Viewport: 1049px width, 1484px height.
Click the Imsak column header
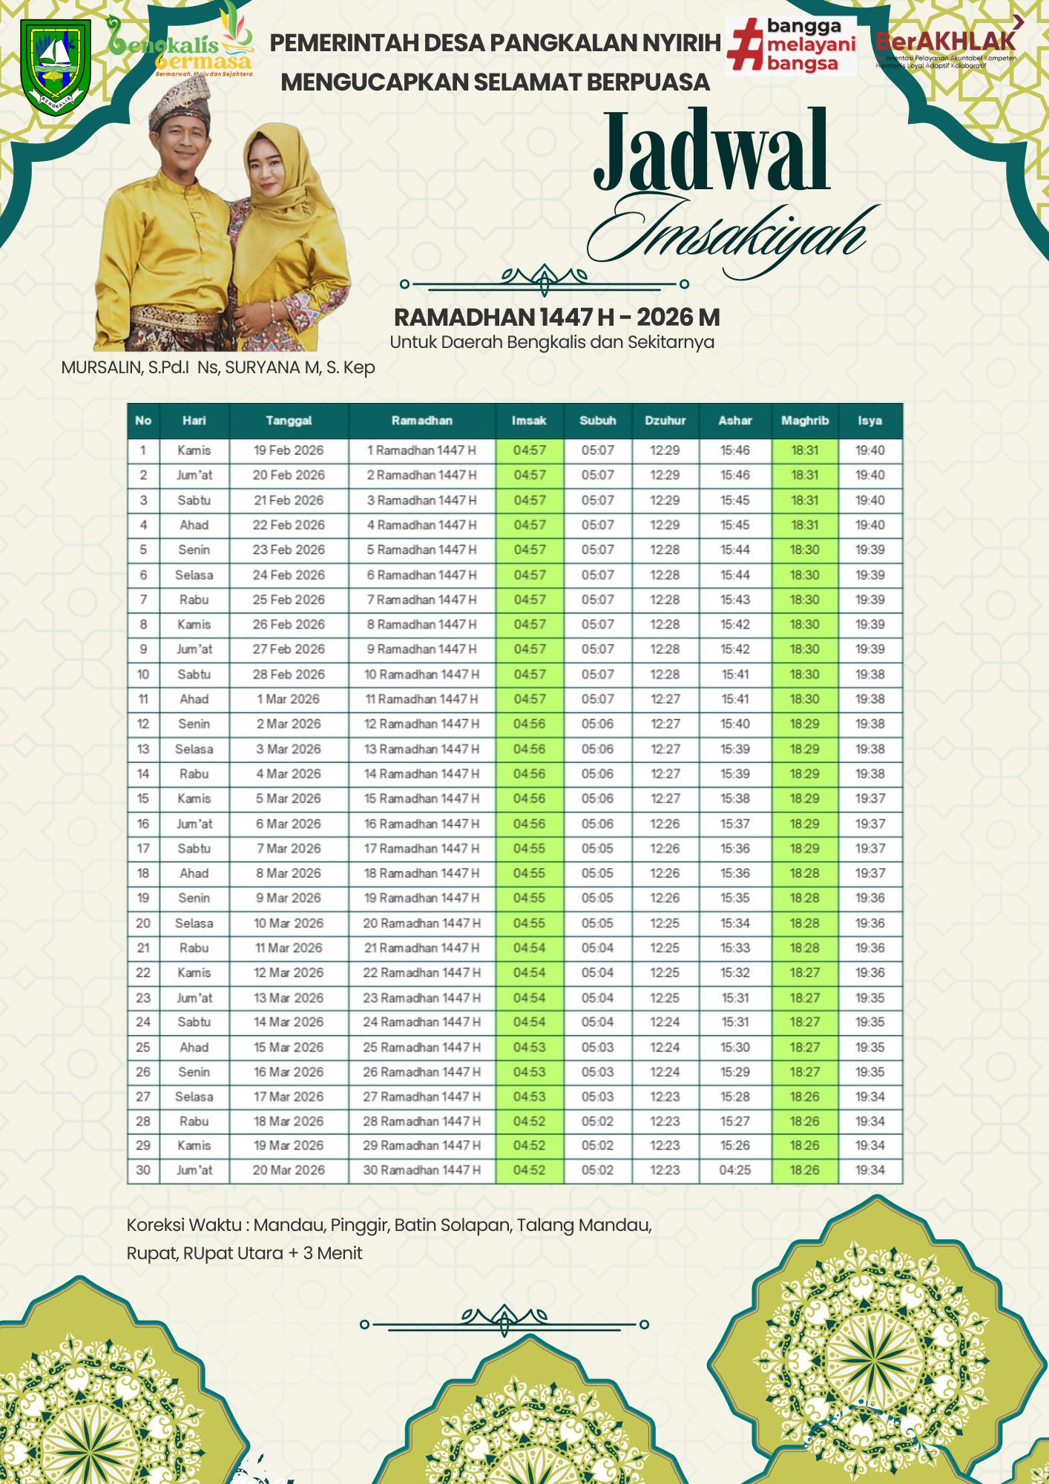point(529,421)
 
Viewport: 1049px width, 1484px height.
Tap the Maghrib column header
point(804,421)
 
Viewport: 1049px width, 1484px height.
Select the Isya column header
point(869,421)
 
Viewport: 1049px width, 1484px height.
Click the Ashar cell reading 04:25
point(734,1170)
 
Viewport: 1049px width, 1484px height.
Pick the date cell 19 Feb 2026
point(289,450)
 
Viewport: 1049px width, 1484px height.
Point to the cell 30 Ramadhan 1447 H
point(421,1170)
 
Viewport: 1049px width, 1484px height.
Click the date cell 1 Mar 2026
point(289,699)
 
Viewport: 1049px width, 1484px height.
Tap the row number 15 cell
point(143,798)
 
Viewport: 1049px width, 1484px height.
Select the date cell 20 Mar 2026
point(289,1170)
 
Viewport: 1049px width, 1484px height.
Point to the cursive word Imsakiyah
point(731,234)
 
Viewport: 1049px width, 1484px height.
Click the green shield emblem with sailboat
point(56,65)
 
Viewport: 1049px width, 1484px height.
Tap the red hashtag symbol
point(745,45)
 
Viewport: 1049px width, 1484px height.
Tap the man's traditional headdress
point(179,104)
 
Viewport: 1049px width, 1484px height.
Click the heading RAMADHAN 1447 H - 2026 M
point(556,318)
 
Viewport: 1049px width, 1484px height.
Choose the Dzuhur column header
point(665,421)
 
